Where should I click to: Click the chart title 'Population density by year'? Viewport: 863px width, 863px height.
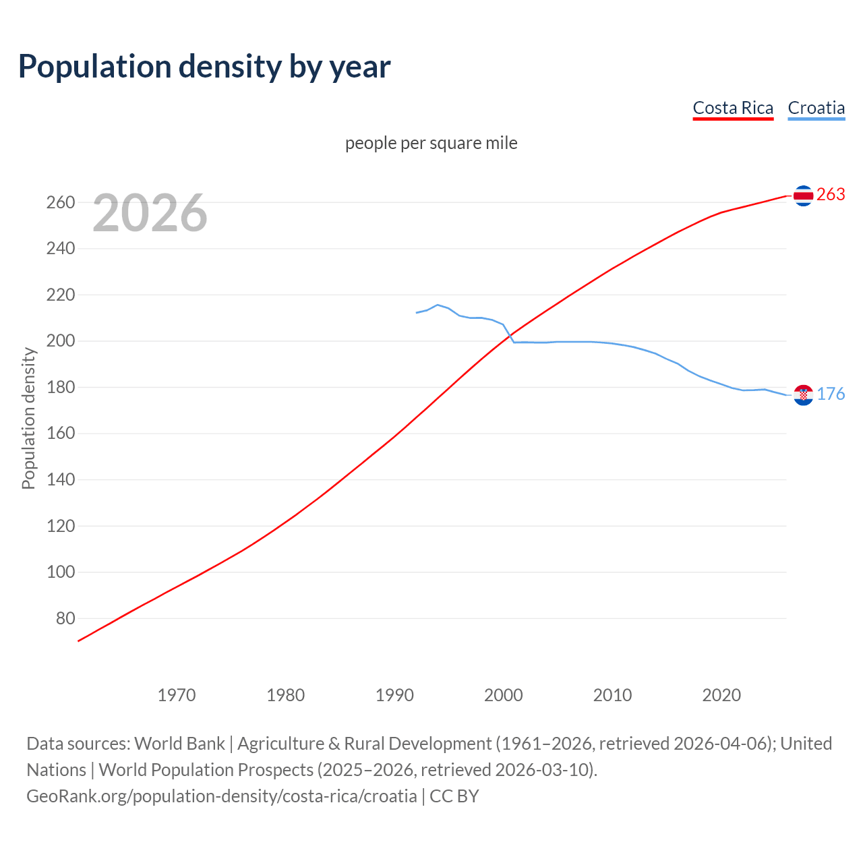(204, 67)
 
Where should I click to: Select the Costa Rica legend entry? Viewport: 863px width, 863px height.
(733, 108)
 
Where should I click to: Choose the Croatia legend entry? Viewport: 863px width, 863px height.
(816, 108)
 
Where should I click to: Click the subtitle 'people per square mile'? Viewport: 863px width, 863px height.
(431, 143)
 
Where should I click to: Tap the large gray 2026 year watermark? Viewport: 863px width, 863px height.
(150, 213)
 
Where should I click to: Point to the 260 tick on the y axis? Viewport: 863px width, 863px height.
(61, 202)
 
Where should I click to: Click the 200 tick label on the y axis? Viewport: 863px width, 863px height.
(61, 341)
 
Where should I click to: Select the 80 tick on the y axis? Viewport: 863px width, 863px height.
(65, 618)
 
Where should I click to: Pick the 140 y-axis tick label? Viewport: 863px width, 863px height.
(61, 480)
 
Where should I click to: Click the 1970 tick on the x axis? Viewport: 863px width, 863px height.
(177, 694)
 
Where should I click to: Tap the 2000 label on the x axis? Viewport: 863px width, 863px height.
(504, 694)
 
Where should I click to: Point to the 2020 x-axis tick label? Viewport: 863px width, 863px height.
(721, 694)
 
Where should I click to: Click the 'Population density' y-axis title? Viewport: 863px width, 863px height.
(28, 418)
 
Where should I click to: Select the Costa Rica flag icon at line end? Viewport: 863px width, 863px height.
(803, 196)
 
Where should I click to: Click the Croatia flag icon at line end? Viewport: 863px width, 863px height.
(803, 395)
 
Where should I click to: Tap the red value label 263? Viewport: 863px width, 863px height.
(831, 195)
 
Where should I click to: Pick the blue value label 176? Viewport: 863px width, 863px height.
(831, 394)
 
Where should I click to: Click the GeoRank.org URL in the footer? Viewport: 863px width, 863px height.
(222, 796)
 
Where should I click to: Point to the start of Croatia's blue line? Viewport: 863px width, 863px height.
(417, 313)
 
